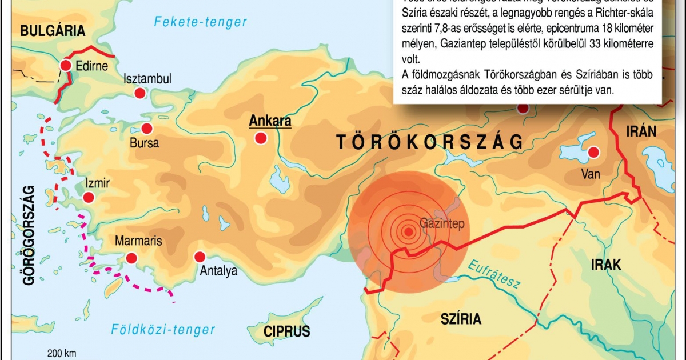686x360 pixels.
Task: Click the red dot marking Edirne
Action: point(66,65)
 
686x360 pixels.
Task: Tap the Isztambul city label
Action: point(147,79)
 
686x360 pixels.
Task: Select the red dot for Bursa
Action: point(147,128)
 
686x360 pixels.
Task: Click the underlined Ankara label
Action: point(270,121)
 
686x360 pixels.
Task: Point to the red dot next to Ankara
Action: point(261,138)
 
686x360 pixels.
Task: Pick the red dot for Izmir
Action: point(89,198)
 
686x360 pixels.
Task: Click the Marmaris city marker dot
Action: point(131,258)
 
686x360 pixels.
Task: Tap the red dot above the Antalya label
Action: point(200,256)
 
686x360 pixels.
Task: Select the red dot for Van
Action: point(593,153)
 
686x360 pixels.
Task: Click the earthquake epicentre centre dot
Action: point(408,231)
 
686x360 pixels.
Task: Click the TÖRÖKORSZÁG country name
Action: point(430,142)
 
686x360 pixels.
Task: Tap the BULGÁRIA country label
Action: point(53,31)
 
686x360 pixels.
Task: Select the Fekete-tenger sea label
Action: point(201,22)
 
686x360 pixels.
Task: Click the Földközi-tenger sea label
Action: point(163,330)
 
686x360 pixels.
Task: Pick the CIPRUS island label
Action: point(286,331)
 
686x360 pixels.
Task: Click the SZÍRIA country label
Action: point(461,319)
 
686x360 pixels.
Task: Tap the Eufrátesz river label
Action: point(493,275)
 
